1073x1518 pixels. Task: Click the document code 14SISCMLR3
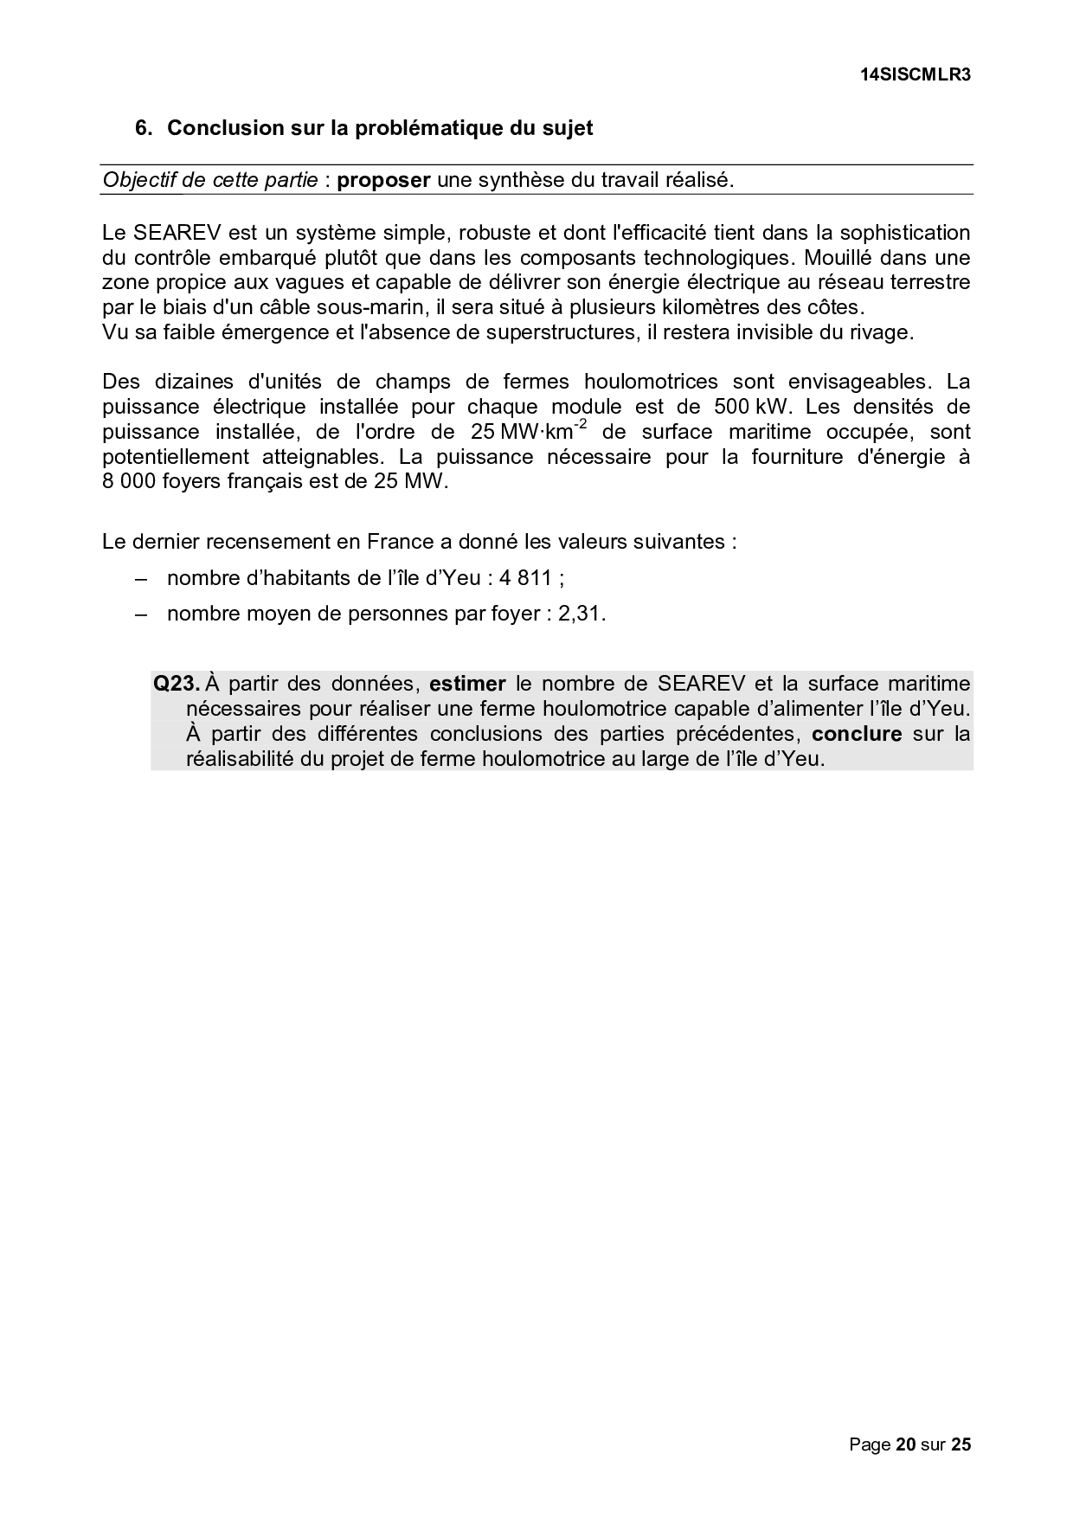coord(916,74)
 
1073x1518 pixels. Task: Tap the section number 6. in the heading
coord(145,128)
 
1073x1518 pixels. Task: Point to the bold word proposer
coord(383,180)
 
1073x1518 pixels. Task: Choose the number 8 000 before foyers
coord(129,481)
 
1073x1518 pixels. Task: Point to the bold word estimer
coord(467,684)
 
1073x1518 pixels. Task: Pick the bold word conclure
coord(857,734)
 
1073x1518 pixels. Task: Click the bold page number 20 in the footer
coord(905,1444)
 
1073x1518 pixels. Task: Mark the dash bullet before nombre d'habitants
coord(143,577)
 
